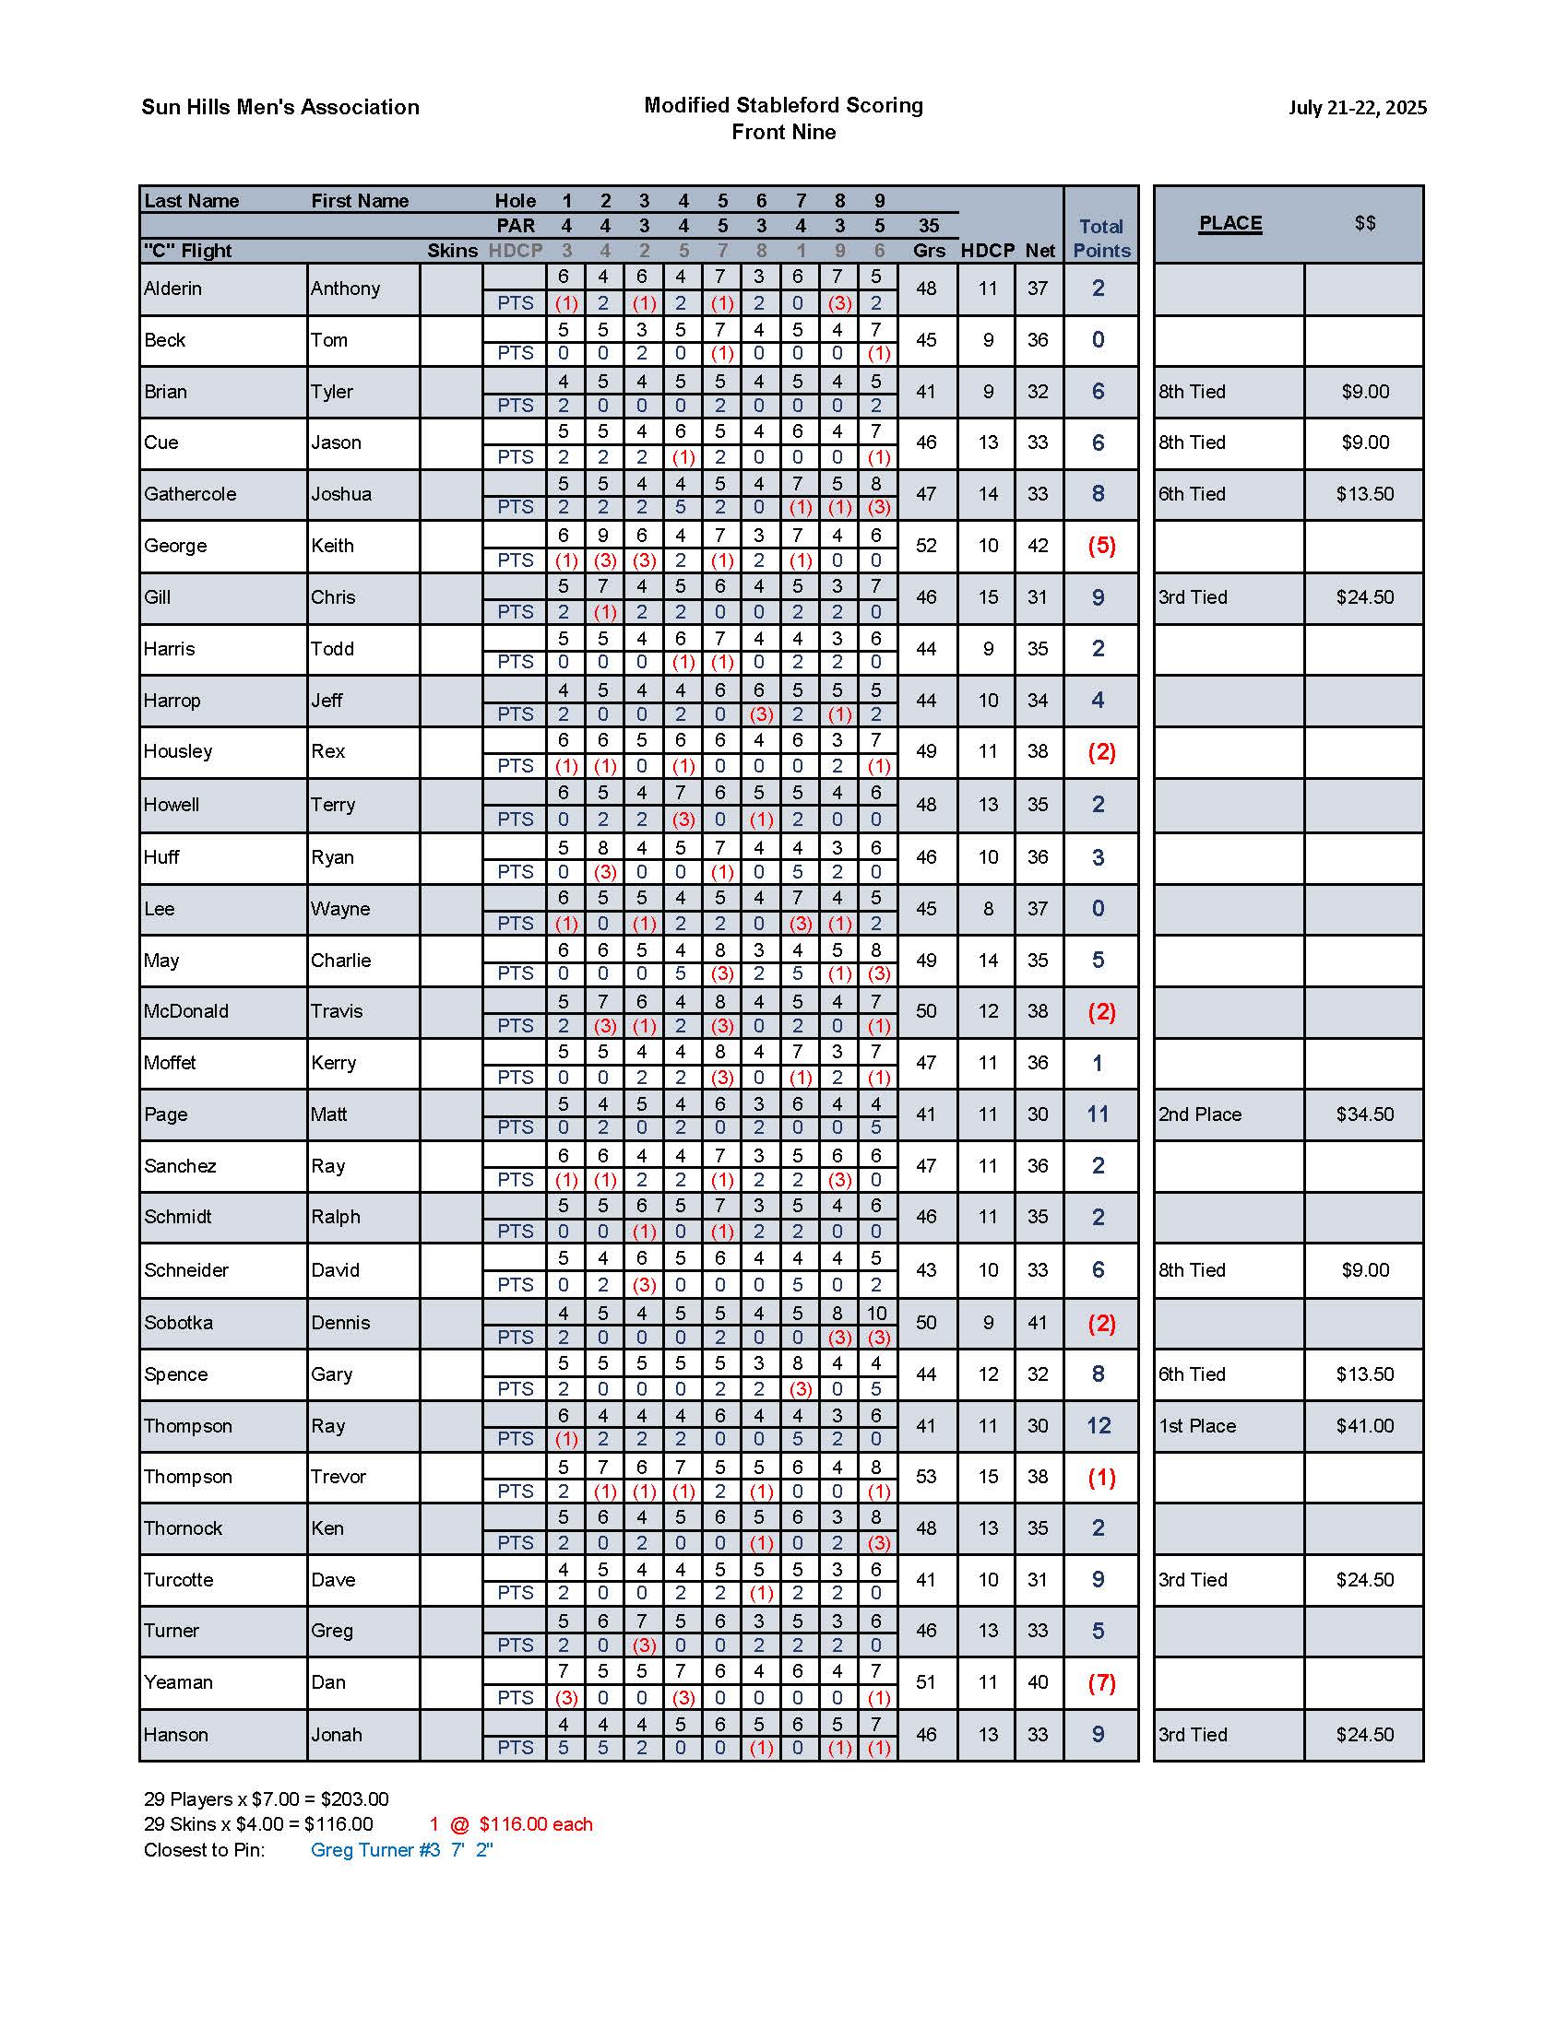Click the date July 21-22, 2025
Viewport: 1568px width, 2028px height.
pyautogui.click(x=1356, y=107)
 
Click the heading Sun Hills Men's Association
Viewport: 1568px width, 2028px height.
pyautogui.click(x=279, y=107)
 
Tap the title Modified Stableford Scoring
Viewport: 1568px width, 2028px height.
pyautogui.click(x=783, y=105)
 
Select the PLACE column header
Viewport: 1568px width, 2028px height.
pyautogui.click(x=1229, y=223)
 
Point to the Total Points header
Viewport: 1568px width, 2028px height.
pyautogui.click(x=1100, y=239)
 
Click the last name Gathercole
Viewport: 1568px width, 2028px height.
pyautogui.click(x=190, y=494)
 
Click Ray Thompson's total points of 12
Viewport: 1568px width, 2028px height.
pyautogui.click(x=1099, y=1425)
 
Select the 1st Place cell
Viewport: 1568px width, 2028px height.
pyautogui.click(x=1197, y=1425)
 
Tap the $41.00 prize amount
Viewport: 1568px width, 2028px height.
pyautogui.click(x=1364, y=1425)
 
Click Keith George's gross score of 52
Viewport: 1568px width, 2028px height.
pyautogui.click(x=926, y=546)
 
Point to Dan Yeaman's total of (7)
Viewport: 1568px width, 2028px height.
pyautogui.click(x=1100, y=1682)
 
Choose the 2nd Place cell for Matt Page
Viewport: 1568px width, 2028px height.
pyautogui.click(x=1199, y=1114)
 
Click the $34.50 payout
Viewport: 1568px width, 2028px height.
pyautogui.click(x=1364, y=1114)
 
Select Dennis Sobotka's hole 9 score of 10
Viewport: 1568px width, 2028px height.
pyautogui.click(x=877, y=1313)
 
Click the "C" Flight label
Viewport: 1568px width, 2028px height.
pyautogui.click(x=187, y=251)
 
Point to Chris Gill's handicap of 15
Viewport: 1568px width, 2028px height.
pyautogui.click(x=988, y=597)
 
